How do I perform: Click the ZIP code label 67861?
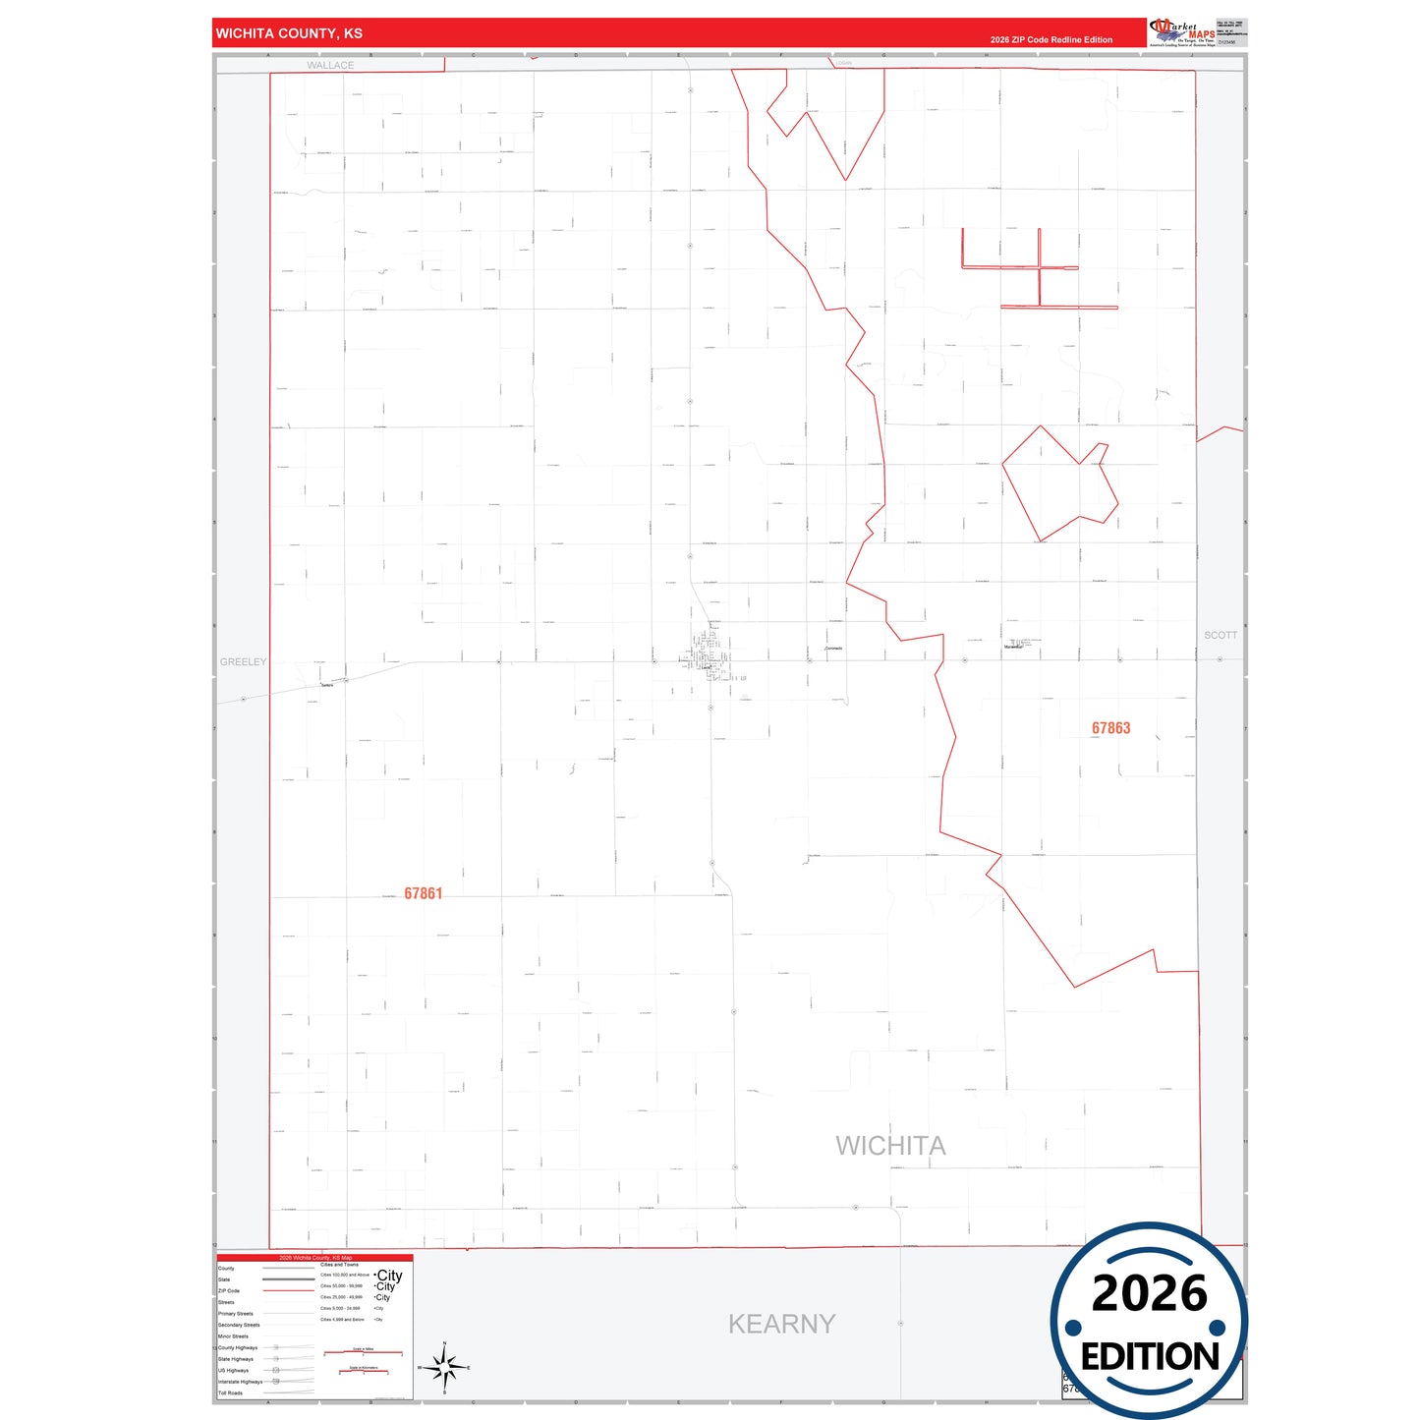[423, 893]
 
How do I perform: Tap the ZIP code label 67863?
[1110, 728]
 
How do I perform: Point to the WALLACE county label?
[330, 66]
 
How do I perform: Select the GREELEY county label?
[243, 662]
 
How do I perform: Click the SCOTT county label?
[1221, 635]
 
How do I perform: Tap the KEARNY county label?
[781, 1324]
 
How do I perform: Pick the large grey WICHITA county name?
[890, 1146]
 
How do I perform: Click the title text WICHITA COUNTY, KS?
[289, 33]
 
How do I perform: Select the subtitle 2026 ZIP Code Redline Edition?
[1051, 40]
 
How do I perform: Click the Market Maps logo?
[1181, 32]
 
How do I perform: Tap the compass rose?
[444, 1367]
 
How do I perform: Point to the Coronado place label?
[833, 649]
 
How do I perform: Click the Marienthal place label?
[1013, 647]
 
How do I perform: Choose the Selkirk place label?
[327, 685]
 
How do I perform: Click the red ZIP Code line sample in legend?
[288, 1290]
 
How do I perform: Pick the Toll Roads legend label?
[231, 1392]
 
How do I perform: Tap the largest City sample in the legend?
[389, 1275]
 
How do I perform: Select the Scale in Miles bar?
[364, 1352]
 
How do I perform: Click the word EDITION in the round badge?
[1150, 1357]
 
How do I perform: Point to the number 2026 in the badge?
[1149, 1293]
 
